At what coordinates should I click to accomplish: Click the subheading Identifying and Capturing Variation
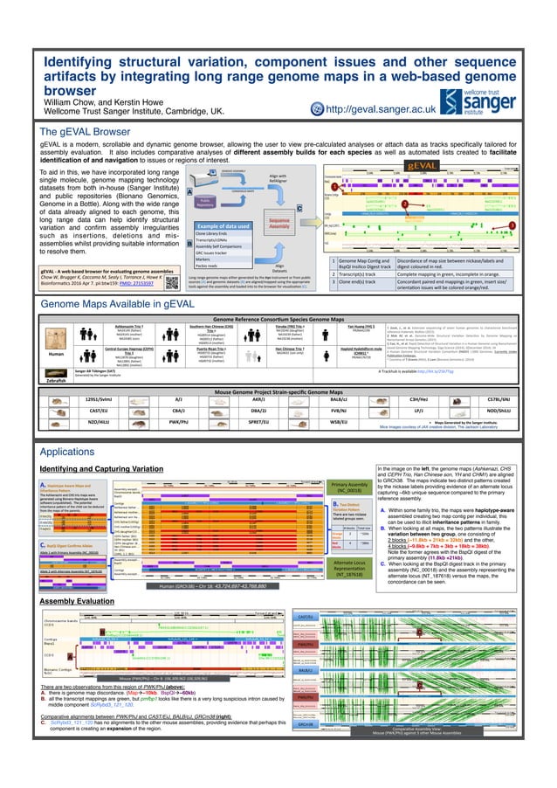(100, 471)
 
